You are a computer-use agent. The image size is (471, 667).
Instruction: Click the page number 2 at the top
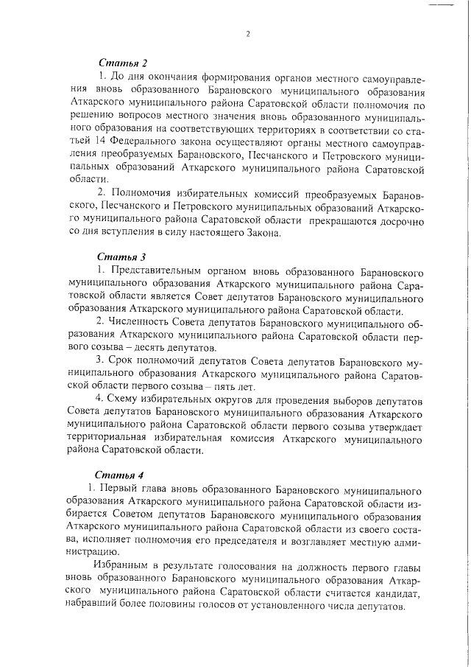[249, 33]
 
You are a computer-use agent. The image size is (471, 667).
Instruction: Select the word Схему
[125, 401]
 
